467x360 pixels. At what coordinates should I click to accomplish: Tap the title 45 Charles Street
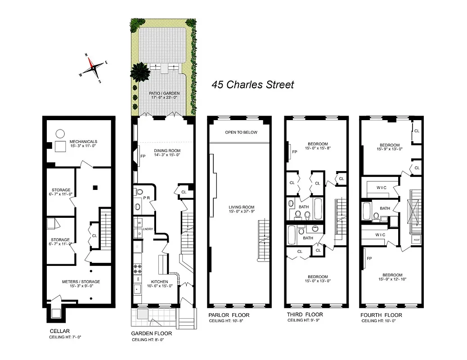click(x=253, y=84)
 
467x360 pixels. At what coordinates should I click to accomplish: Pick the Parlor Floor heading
click(x=229, y=315)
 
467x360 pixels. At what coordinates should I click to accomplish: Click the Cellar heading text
click(x=59, y=331)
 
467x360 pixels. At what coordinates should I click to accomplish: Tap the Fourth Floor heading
click(x=382, y=315)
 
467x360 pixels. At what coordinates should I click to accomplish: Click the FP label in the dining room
click(x=143, y=157)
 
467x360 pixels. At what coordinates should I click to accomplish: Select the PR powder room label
click(x=147, y=198)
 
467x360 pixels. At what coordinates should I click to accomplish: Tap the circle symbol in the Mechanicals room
click(x=60, y=133)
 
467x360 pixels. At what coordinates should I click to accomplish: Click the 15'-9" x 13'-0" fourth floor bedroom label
click(x=390, y=148)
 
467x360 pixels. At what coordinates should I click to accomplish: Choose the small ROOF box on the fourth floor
click(x=416, y=239)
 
